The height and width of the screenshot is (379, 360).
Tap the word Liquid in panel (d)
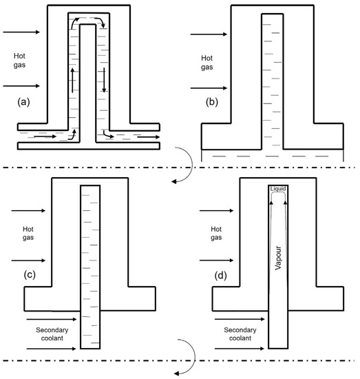[x=278, y=189]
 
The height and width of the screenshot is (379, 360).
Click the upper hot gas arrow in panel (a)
[x=23, y=32]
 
